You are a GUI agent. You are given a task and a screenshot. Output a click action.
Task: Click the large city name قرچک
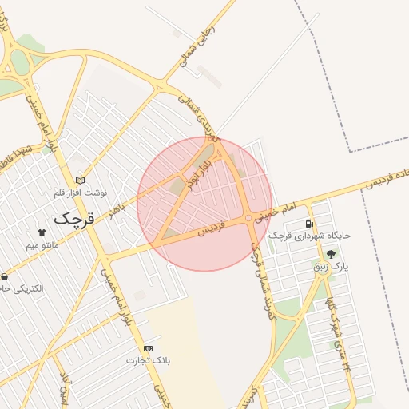pos(74,217)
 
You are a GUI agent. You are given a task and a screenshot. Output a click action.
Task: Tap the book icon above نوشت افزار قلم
pos(78,181)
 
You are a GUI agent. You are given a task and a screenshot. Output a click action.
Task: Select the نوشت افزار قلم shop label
pos(79,193)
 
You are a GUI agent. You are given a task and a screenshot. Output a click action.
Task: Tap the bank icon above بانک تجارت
pos(149,348)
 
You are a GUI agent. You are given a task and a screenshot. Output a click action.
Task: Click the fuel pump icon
pos(309,224)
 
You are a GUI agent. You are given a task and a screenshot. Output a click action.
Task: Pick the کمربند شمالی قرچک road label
pos(257,272)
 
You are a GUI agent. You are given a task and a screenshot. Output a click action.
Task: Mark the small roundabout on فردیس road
pos(250,217)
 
